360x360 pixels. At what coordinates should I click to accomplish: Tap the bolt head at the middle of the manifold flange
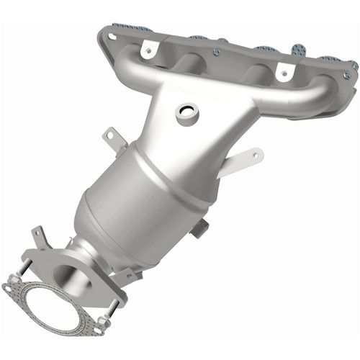(x=216, y=52)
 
